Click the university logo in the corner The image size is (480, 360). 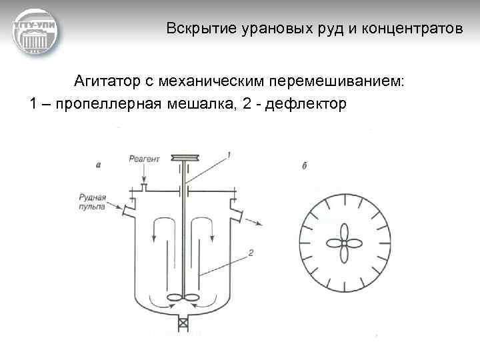pyautogui.click(x=35, y=32)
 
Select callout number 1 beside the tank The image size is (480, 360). pyautogui.click(x=229, y=155)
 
